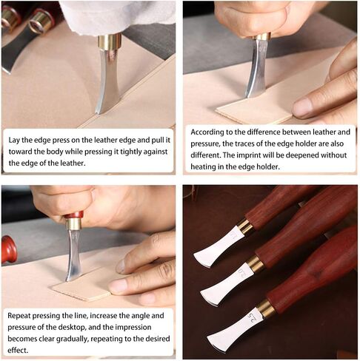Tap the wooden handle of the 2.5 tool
311,281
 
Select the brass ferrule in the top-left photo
109,41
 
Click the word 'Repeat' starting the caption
21,315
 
